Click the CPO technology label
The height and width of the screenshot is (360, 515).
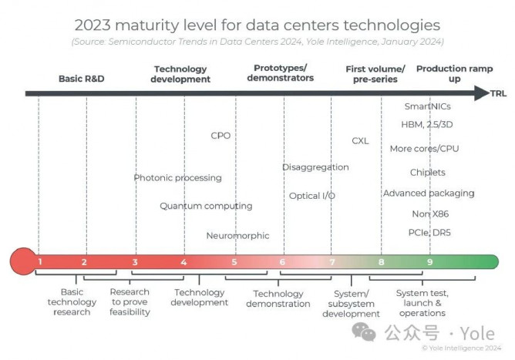(x=220, y=136)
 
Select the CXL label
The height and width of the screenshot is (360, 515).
(x=360, y=141)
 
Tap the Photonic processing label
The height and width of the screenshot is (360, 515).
(x=177, y=178)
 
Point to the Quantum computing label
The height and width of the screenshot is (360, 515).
(x=206, y=206)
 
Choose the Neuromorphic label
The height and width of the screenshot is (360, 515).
(x=237, y=236)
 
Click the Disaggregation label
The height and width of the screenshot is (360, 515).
(x=315, y=167)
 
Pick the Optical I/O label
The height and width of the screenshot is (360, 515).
(x=311, y=196)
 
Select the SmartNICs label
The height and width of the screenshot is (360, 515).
(x=427, y=106)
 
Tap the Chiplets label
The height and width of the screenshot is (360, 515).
(x=428, y=173)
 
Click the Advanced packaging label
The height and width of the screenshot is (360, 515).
(x=429, y=193)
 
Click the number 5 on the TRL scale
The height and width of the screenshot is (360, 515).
(x=234, y=262)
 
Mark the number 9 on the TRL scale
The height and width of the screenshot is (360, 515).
(x=430, y=262)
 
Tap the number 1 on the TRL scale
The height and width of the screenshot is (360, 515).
(x=39, y=262)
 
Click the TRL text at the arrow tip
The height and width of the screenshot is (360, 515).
(x=498, y=93)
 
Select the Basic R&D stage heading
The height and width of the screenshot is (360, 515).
(x=81, y=79)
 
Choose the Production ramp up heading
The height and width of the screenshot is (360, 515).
(x=454, y=74)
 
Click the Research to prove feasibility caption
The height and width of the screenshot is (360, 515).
(x=130, y=302)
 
